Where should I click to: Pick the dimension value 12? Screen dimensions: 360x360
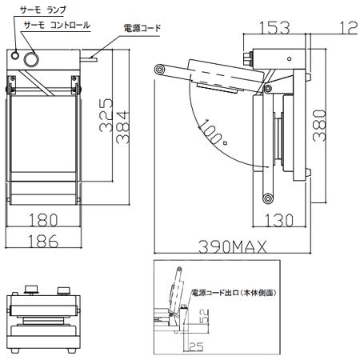click(346, 28)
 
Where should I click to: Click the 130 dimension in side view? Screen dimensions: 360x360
click(278, 220)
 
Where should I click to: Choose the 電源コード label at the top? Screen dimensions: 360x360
click(142, 28)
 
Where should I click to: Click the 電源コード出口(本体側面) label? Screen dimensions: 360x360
click(234, 294)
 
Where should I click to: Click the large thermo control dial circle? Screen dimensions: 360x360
click(34, 58)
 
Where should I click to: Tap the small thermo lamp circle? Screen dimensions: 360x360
click(16, 55)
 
